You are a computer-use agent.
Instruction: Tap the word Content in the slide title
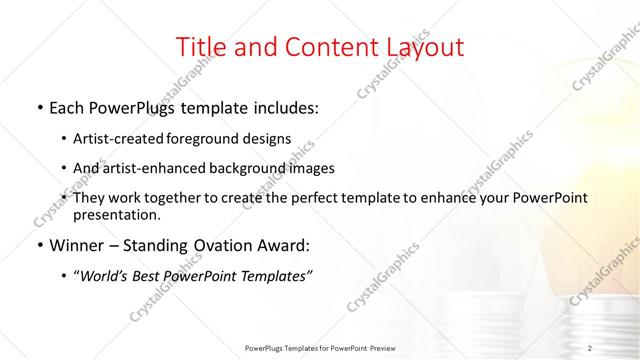pyautogui.click(x=323, y=47)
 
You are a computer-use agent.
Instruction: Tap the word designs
pyautogui.click(x=265, y=139)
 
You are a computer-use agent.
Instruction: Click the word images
pyautogui.click(x=312, y=169)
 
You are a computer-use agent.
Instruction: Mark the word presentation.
pyautogui.click(x=117, y=215)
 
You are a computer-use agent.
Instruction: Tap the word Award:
pyautogui.click(x=283, y=245)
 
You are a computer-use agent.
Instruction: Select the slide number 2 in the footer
pyautogui.click(x=590, y=347)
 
